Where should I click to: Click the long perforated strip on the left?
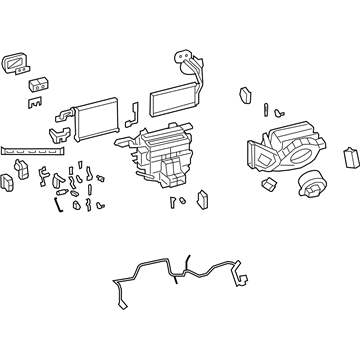tap(35, 147)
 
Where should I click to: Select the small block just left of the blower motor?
tap(268, 186)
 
